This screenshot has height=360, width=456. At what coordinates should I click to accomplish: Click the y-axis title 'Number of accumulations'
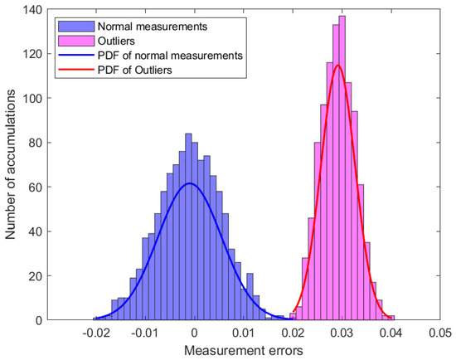pyautogui.click(x=11, y=163)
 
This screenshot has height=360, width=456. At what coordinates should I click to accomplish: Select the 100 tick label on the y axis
pyautogui.click(x=32, y=98)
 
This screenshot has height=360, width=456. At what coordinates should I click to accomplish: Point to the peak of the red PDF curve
pyautogui.click(x=337, y=65)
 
